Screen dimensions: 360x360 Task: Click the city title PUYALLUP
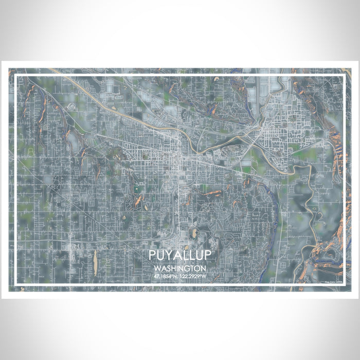coord(179,256)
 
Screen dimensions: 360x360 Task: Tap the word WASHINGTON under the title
coord(179,268)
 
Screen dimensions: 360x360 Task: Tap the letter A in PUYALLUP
coord(177,256)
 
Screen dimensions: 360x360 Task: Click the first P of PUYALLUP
coord(153,256)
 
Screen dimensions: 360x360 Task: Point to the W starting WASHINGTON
coord(156,268)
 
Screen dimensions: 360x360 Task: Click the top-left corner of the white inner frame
coord(16,76)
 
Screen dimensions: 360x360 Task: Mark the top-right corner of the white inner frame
coord(344,76)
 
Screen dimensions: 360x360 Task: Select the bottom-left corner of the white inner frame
coord(16,285)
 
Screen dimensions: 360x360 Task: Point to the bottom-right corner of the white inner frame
coord(344,285)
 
